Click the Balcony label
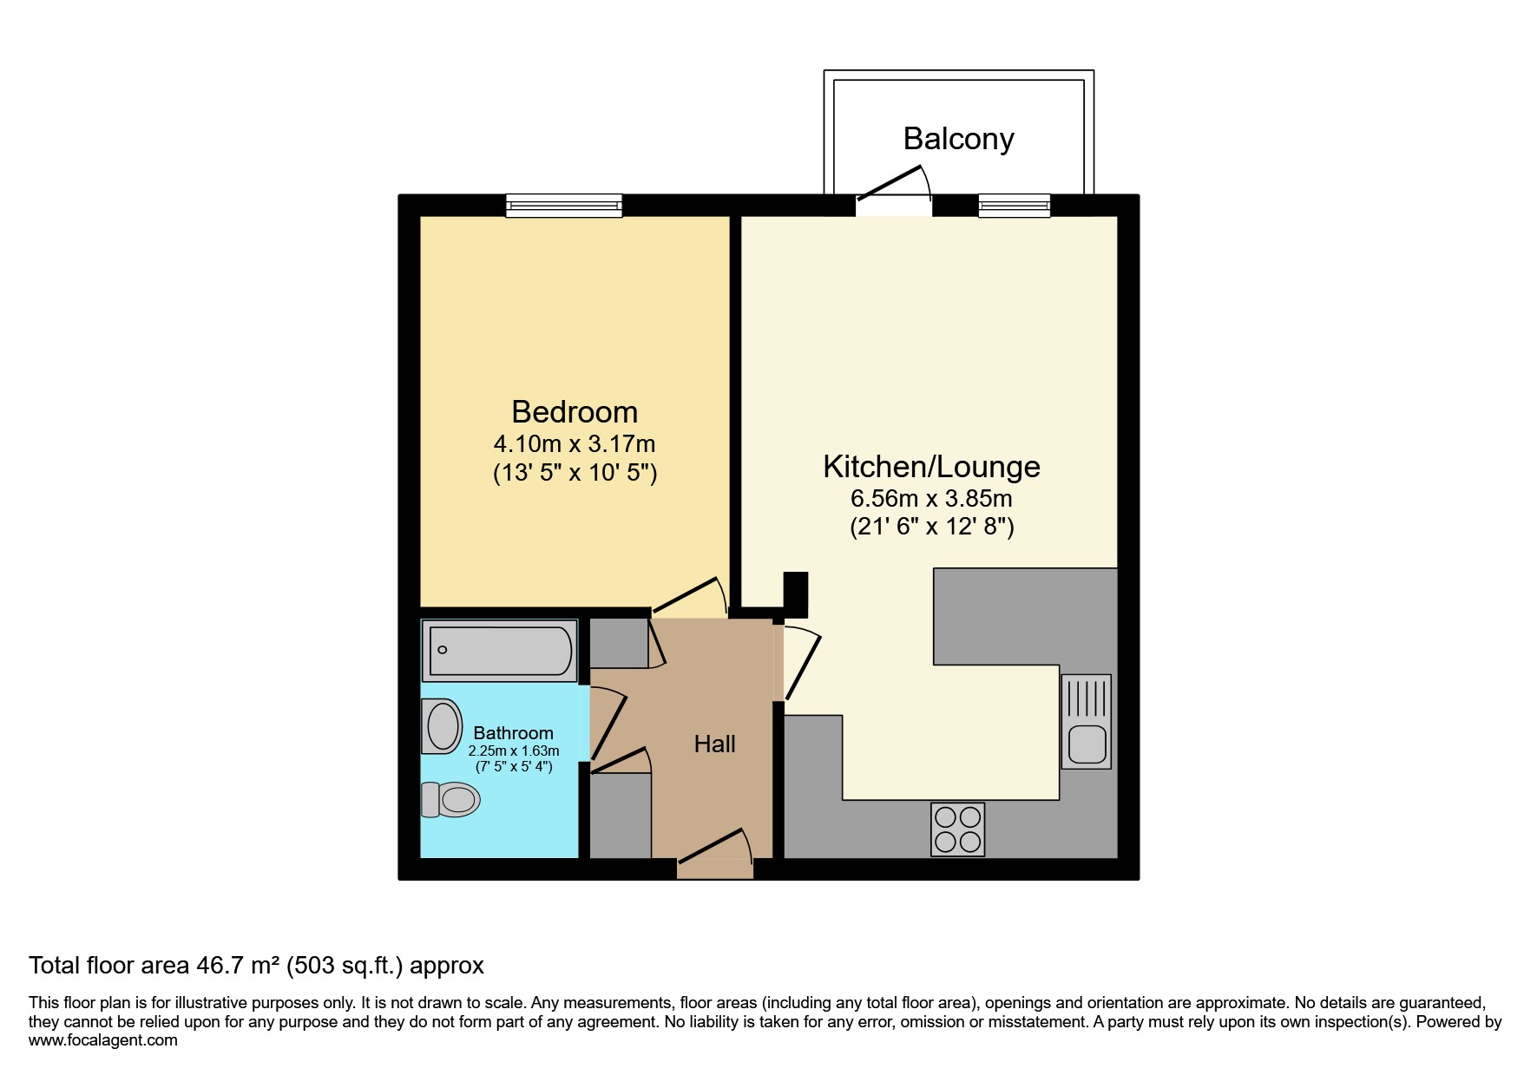pos(958,139)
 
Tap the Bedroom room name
pos(575,411)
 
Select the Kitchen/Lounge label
pos(931,466)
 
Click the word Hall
pos(714,744)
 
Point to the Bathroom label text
pos(513,733)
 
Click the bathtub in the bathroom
pos(499,650)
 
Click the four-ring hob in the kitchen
pos(957,829)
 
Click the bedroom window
pos(564,205)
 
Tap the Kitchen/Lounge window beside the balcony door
pos(1014,205)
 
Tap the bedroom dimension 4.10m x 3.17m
pos(575,444)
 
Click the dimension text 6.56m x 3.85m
pos(931,499)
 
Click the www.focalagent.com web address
pos(103,1040)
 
